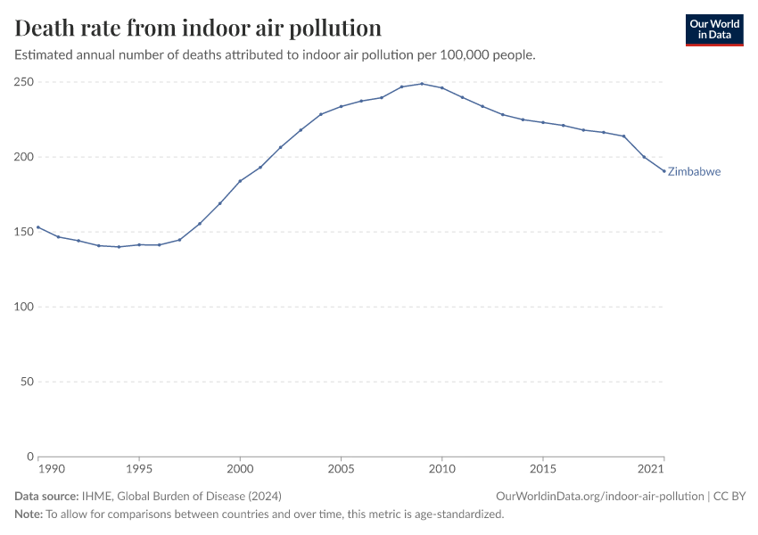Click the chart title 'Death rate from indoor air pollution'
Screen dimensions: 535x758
pyautogui.click(x=198, y=28)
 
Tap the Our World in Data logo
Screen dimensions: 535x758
pyautogui.click(x=713, y=29)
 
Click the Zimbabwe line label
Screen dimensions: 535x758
pyautogui.click(x=694, y=172)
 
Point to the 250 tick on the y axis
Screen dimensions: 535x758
pyautogui.click(x=25, y=82)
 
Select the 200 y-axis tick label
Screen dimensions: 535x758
pyautogui.click(x=25, y=157)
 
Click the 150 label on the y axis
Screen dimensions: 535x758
pyautogui.click(x=25, y=232)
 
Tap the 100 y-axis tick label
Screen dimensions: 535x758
pyautogui.click(x=25, y=307)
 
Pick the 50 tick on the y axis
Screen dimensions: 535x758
pyautogui.click(x=28, y=382)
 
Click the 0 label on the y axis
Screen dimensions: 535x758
pyautogui.click(x=30, y=457)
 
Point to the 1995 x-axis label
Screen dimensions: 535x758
pyautogui.click(x=139, y=468)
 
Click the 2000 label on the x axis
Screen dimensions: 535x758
pyautogui.click(x=240, y=468)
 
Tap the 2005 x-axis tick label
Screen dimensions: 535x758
pyautogui.click(x=341, y=468)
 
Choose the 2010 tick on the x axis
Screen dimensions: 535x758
pyautogui.click(x=441, y=468)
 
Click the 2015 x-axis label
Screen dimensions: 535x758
pyautogui.click(x=543, y=468)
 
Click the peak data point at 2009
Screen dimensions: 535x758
pyautogui.click(x=422, y=84)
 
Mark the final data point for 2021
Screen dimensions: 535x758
pyautogui.click(x=663, y=171)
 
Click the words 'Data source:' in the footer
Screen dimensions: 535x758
pyautogui.click(x=45, y=496)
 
